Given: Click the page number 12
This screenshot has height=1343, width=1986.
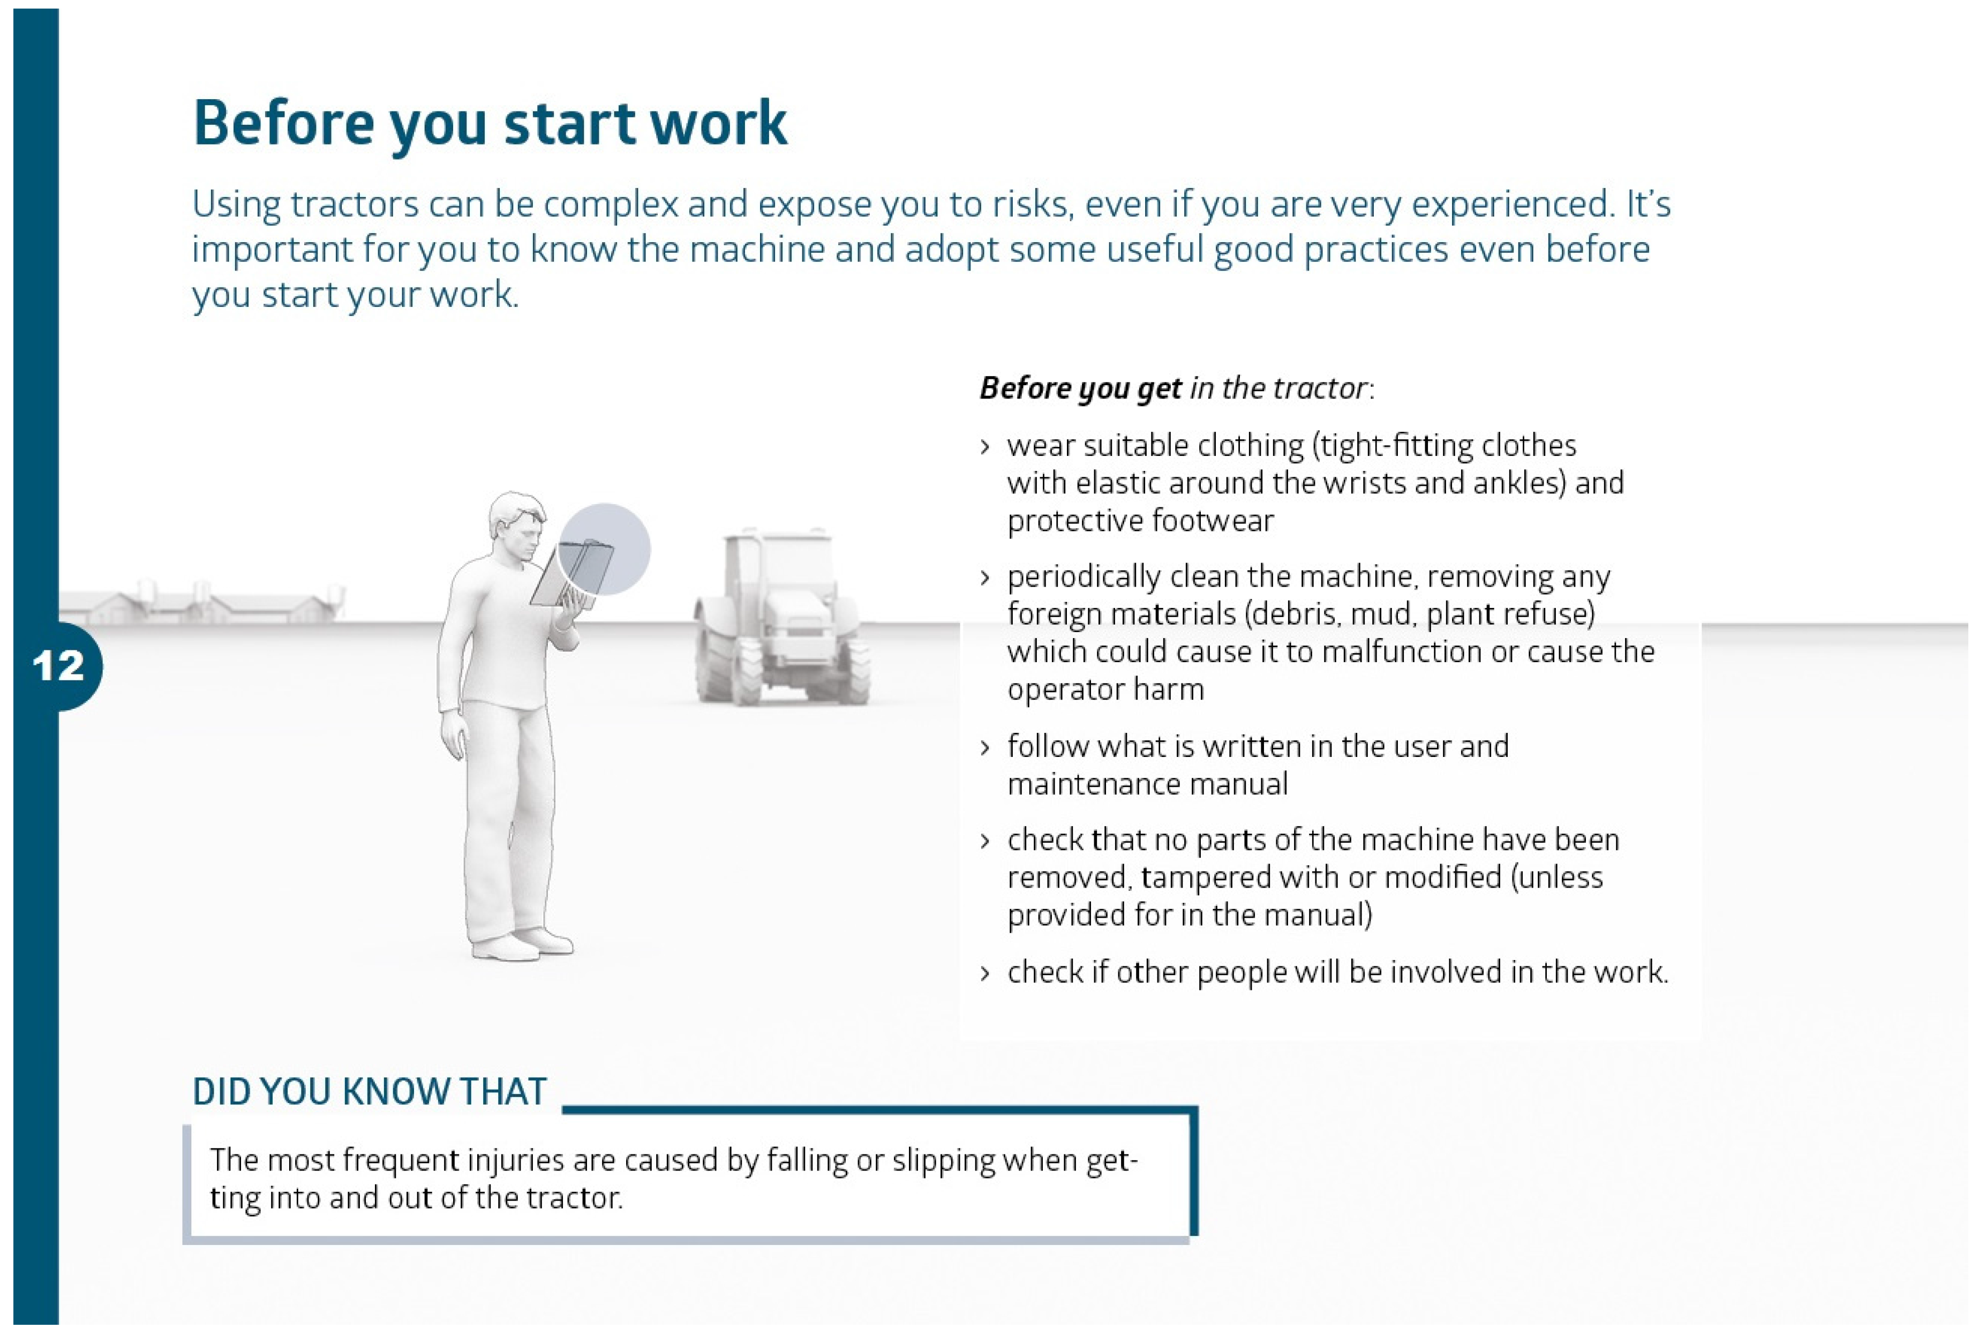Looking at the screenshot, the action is point(58,666).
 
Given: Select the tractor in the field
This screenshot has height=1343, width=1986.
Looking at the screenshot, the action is point(781,618).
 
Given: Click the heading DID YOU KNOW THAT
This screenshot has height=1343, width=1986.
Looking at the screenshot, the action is point(369,1092).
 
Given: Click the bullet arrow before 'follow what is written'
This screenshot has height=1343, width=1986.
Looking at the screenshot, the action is point(986,748).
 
